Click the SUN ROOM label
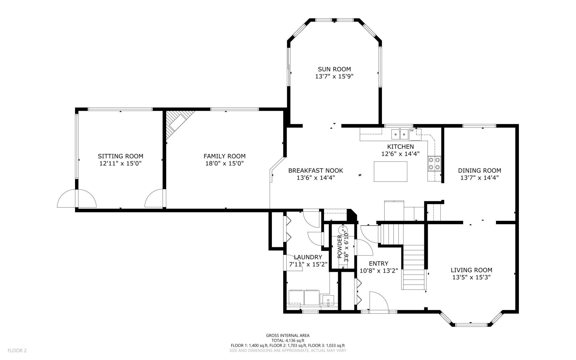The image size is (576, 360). coord(334,69)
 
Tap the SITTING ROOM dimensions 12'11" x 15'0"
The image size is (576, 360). coord(120,164)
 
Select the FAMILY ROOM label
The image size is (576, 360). coord(225,156)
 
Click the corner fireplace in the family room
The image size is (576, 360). coord(179,124)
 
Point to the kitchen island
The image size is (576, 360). coord(390,172)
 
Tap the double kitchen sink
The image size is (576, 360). coord(400,134)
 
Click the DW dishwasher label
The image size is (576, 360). coord(412,131)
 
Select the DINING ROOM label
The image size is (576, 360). coord(479,170)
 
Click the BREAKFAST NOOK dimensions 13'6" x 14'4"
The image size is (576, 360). coord(316,178)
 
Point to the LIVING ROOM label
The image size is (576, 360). coord(471,270)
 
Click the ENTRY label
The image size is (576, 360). coord(379,263)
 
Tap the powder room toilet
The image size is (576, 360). coord(343,230)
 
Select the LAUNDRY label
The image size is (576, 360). coord(308,257)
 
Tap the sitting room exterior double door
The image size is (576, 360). coord(77,198)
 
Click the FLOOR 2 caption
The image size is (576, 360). coord(17,351)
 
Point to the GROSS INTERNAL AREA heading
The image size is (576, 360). coord(288,336)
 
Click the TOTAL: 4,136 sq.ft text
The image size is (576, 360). coord(288,341)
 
